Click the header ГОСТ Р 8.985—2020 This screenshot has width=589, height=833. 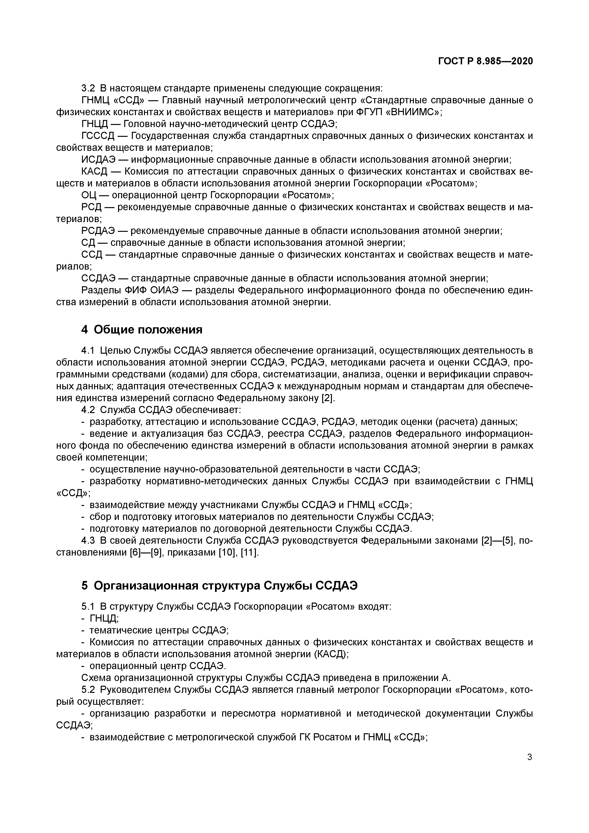pyautogui.click(x=486, y=61)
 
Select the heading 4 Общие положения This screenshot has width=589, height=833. pyautogui.click(x=142, y=329)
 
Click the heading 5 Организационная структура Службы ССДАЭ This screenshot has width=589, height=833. pyautogui.click(x=220, y=585)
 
